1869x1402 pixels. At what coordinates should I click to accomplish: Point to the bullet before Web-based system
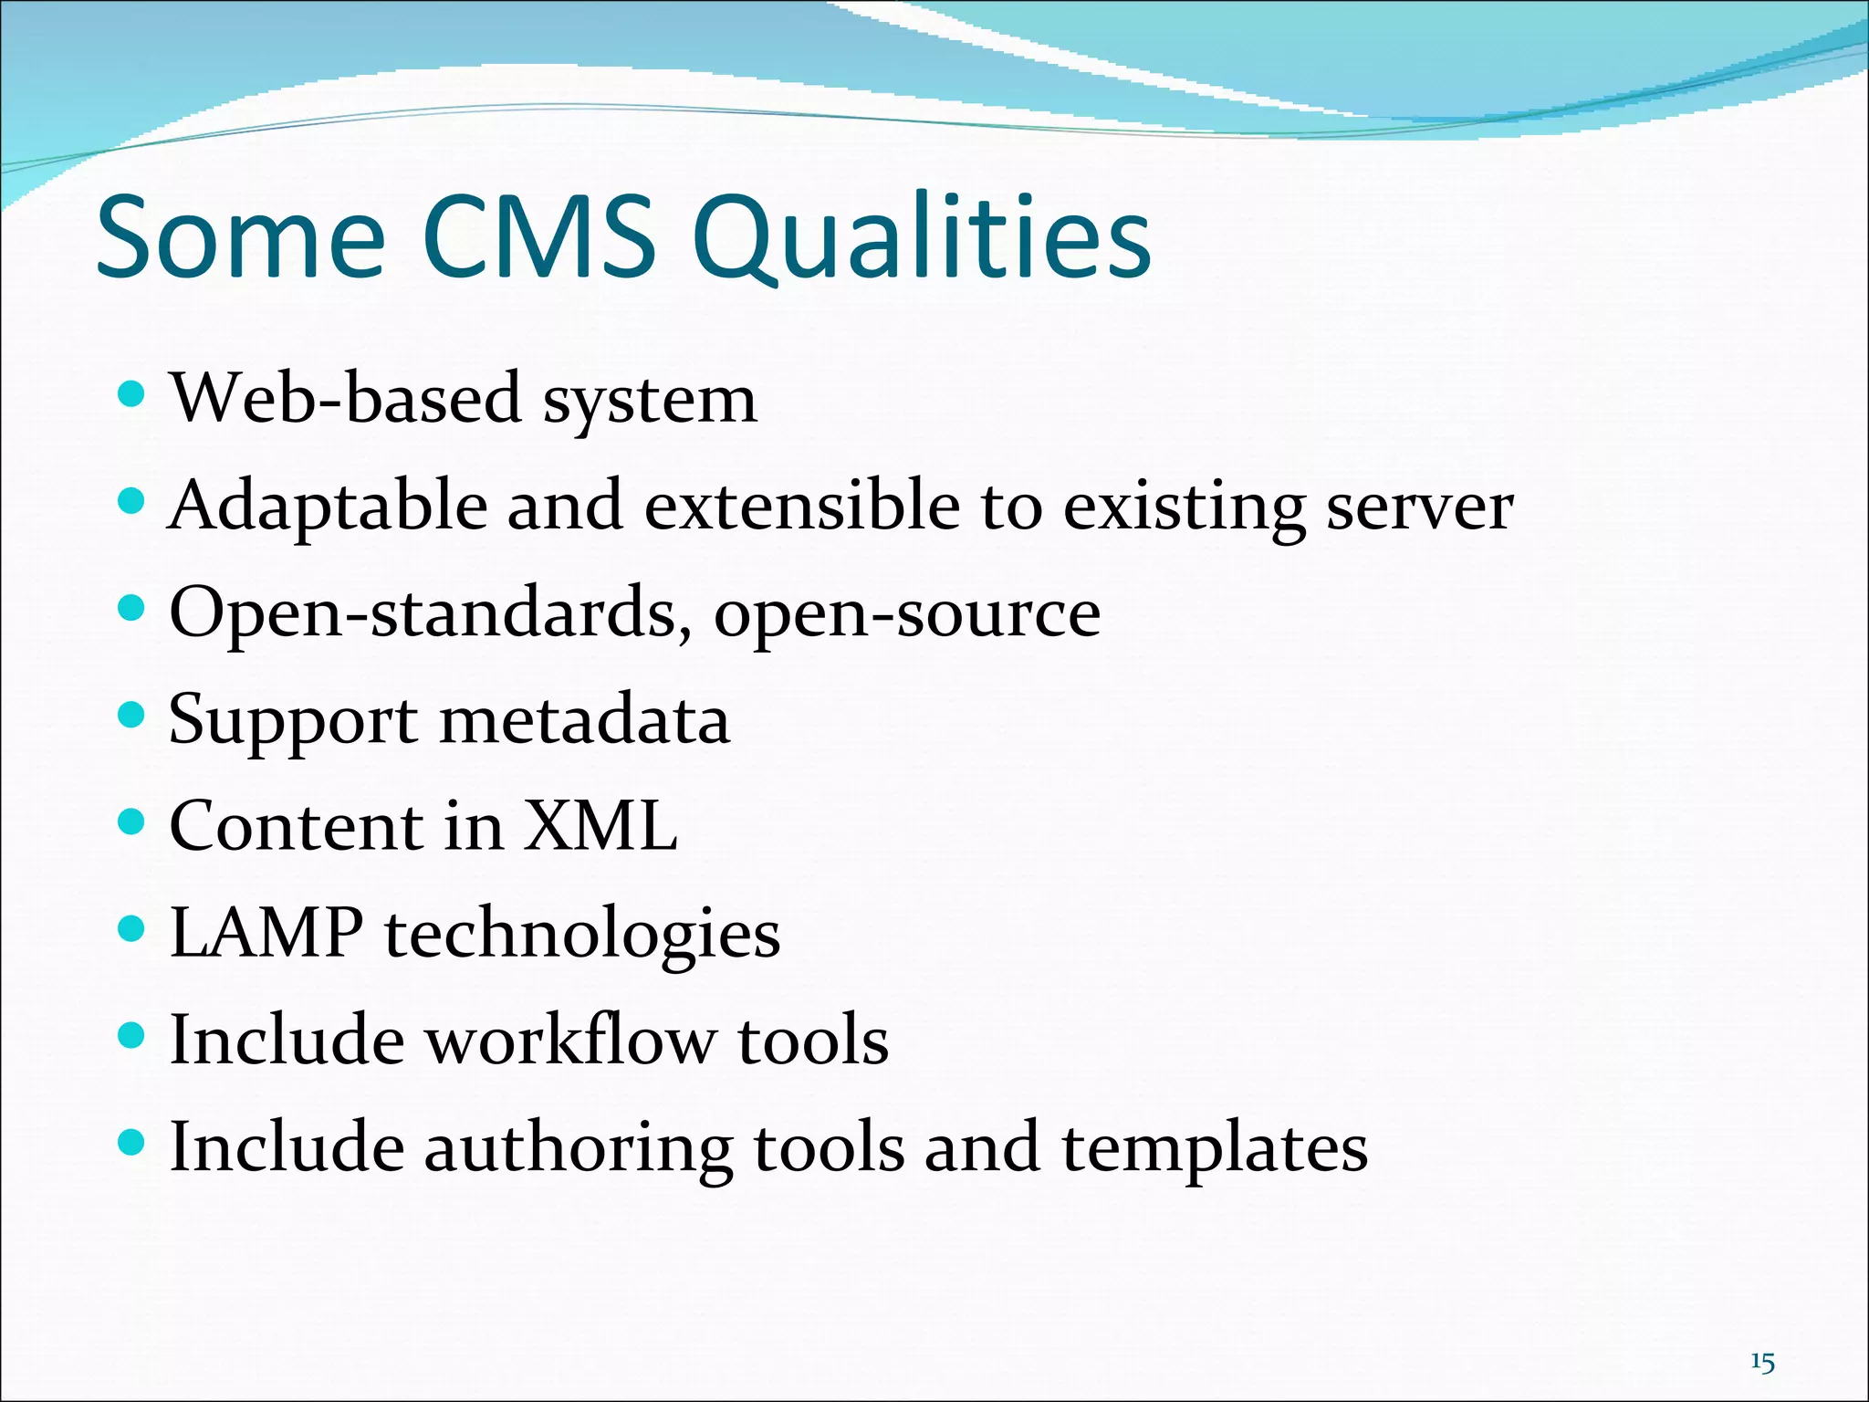132,394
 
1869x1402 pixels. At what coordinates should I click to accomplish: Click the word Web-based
346,399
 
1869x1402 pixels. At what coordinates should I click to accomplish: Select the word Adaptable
328,507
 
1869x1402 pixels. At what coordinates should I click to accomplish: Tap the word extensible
802,506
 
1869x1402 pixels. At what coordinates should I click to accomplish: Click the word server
1419,507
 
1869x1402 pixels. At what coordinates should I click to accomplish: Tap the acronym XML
600,826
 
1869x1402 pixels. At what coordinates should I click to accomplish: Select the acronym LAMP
266,933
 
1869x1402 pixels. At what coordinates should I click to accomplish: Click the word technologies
582,936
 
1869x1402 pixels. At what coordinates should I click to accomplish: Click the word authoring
578,1149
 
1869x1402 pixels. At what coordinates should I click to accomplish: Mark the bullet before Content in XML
132,821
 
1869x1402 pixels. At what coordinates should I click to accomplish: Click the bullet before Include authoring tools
132,1142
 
